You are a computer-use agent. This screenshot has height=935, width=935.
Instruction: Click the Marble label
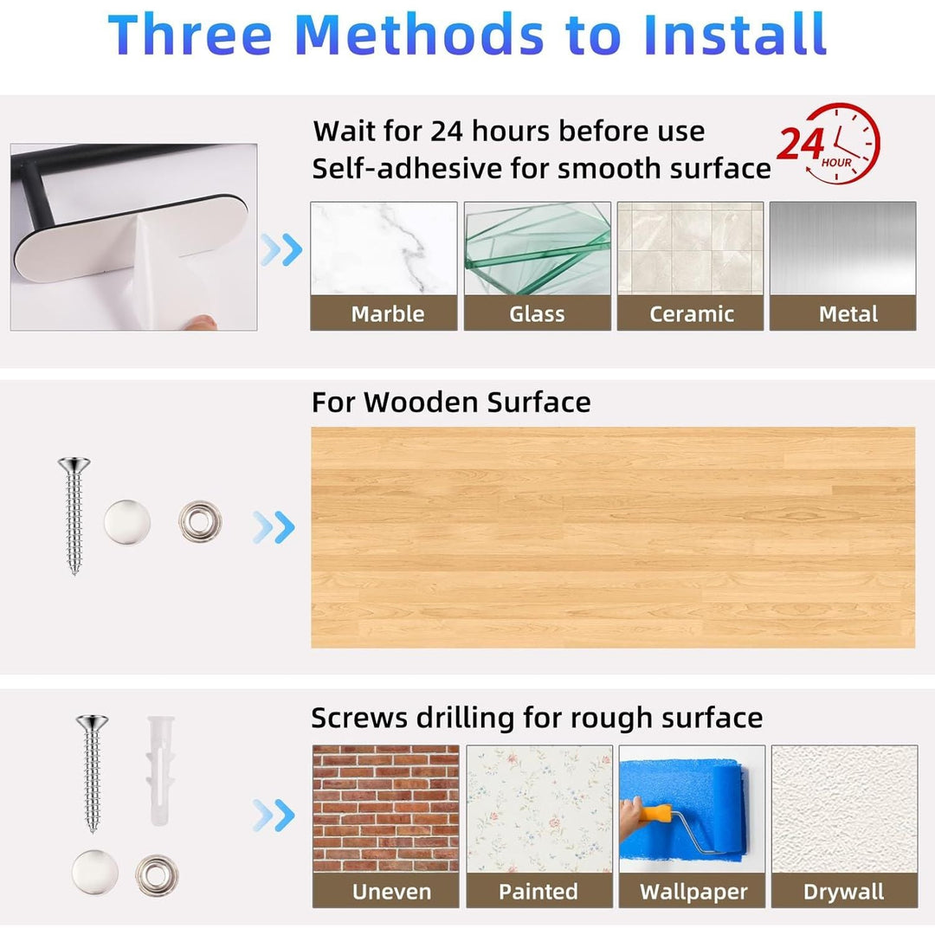(x=388, y=313)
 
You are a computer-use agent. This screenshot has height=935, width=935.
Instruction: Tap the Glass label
(x=537, y=313)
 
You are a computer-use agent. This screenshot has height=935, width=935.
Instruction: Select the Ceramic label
(x=691, y=313)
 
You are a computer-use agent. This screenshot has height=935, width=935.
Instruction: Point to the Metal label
(x=848, y=313)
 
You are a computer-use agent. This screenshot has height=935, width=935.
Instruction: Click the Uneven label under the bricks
(x=392, y=892)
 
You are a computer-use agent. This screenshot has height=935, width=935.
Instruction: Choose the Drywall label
(x=844, y=892)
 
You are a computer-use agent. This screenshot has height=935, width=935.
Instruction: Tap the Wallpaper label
(x=693, y=892)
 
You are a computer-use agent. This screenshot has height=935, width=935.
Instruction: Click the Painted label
(x=538, y=892)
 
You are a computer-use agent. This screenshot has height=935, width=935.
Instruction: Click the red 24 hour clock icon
(x=829, y=144)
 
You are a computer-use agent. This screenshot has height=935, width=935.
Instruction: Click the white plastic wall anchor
(x=160, y=771)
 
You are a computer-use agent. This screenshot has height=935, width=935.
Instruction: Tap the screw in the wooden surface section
(x=74, y=515)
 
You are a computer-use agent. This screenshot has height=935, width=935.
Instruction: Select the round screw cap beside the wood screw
(x=127, y=522)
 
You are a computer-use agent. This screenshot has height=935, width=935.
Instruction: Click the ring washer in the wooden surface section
(x=200, y=522)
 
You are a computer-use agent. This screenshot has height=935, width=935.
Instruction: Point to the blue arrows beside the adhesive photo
(x=281, y=250)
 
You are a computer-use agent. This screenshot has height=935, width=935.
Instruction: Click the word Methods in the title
(x=419, y=35)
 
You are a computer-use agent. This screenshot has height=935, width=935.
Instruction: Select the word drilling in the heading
(x=465, y=718)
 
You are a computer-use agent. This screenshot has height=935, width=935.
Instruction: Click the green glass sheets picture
(x=538, y=248)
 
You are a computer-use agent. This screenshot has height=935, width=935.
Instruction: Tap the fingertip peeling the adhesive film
(x=200, y=322)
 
